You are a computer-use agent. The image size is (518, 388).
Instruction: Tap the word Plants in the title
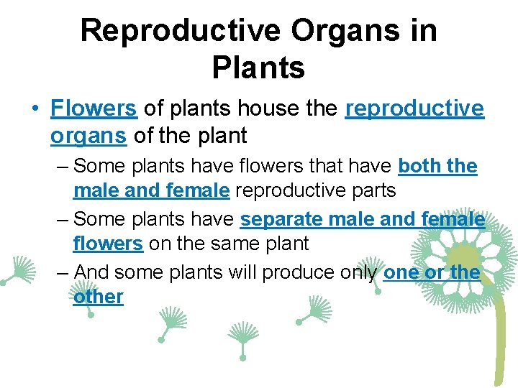(258, 69)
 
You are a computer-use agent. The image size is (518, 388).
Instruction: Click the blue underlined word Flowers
(94, 108)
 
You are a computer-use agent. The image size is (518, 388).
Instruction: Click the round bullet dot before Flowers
(35, 109)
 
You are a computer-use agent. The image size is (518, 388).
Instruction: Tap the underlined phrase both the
(437, 166)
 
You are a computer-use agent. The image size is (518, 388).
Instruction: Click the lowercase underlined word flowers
(108, 244)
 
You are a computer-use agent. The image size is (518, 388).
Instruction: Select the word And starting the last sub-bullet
(91, 272)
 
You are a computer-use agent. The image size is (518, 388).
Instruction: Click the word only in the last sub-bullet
(358, 272)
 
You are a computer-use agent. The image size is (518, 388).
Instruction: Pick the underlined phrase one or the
(432, 272)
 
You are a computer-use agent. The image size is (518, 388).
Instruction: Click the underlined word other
(98, 297)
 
